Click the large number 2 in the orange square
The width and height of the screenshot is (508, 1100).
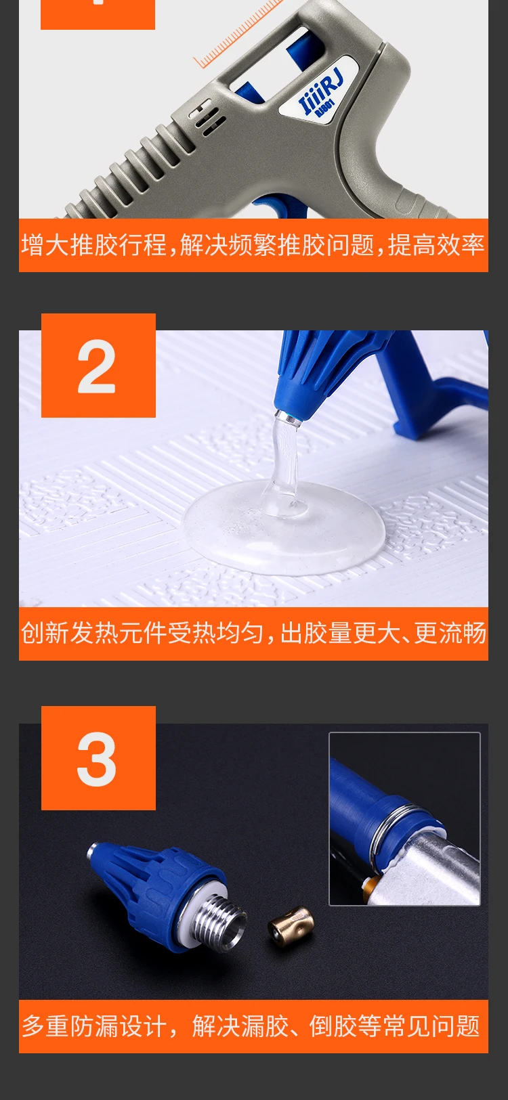click(96, 366)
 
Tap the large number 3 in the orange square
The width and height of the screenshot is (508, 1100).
click(96, 759)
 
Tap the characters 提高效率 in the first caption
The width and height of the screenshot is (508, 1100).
click(436, 245)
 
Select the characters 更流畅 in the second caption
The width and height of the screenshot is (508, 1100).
click(450, 633)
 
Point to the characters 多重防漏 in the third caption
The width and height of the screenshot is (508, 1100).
click(70, 1026)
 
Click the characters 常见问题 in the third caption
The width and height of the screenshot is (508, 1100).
click(431, 1026)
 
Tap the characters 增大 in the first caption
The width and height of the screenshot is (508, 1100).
click(45, 245)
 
